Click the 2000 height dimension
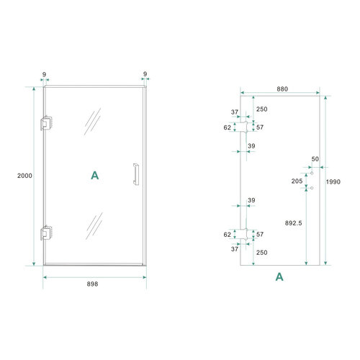(x=25, y=175)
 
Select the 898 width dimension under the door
(x=92, y=284)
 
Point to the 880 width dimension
(x=282, y=89)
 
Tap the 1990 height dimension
(x=333, y=182)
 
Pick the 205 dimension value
(x=297, y=181)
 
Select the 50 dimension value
(x=315, y=158)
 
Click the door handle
(x=134, y=175)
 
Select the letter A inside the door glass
(x=94, y=175)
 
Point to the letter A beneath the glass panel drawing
(x=279, y=276)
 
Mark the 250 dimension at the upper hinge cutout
(x=262, y=109)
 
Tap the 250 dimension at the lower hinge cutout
(x=262, y=252)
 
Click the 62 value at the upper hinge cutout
(x=228, y=127)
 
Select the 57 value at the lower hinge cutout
(x=260, y=235)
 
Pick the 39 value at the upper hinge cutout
(x=251, y=146)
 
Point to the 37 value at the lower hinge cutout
(x=235, y=249)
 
